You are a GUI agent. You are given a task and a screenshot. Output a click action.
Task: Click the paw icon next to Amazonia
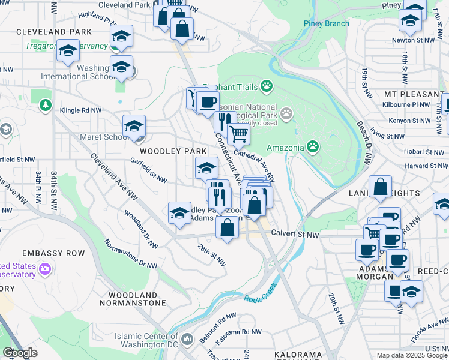point(313,146)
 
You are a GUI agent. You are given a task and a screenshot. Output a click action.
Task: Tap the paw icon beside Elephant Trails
point(266,88)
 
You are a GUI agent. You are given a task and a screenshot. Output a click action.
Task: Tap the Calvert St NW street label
point(294,234)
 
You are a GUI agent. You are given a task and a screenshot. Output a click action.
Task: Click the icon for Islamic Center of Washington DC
point(188,340)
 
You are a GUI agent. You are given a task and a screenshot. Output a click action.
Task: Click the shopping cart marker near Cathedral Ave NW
point(239,134)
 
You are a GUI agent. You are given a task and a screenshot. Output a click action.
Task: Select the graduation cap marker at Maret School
point(134,125)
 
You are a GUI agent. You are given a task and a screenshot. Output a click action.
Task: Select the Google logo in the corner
point(20,353)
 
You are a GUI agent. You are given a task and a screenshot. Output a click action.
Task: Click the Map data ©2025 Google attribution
point(411,355)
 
